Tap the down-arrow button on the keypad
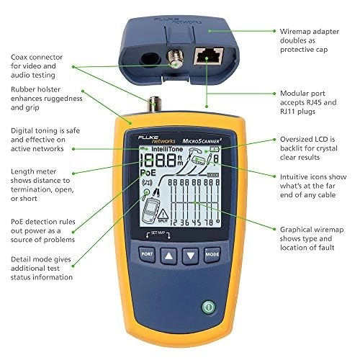pyautogui.click(x=190, y=254)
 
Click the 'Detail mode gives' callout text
pyautogui.click(x=41, y=266)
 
